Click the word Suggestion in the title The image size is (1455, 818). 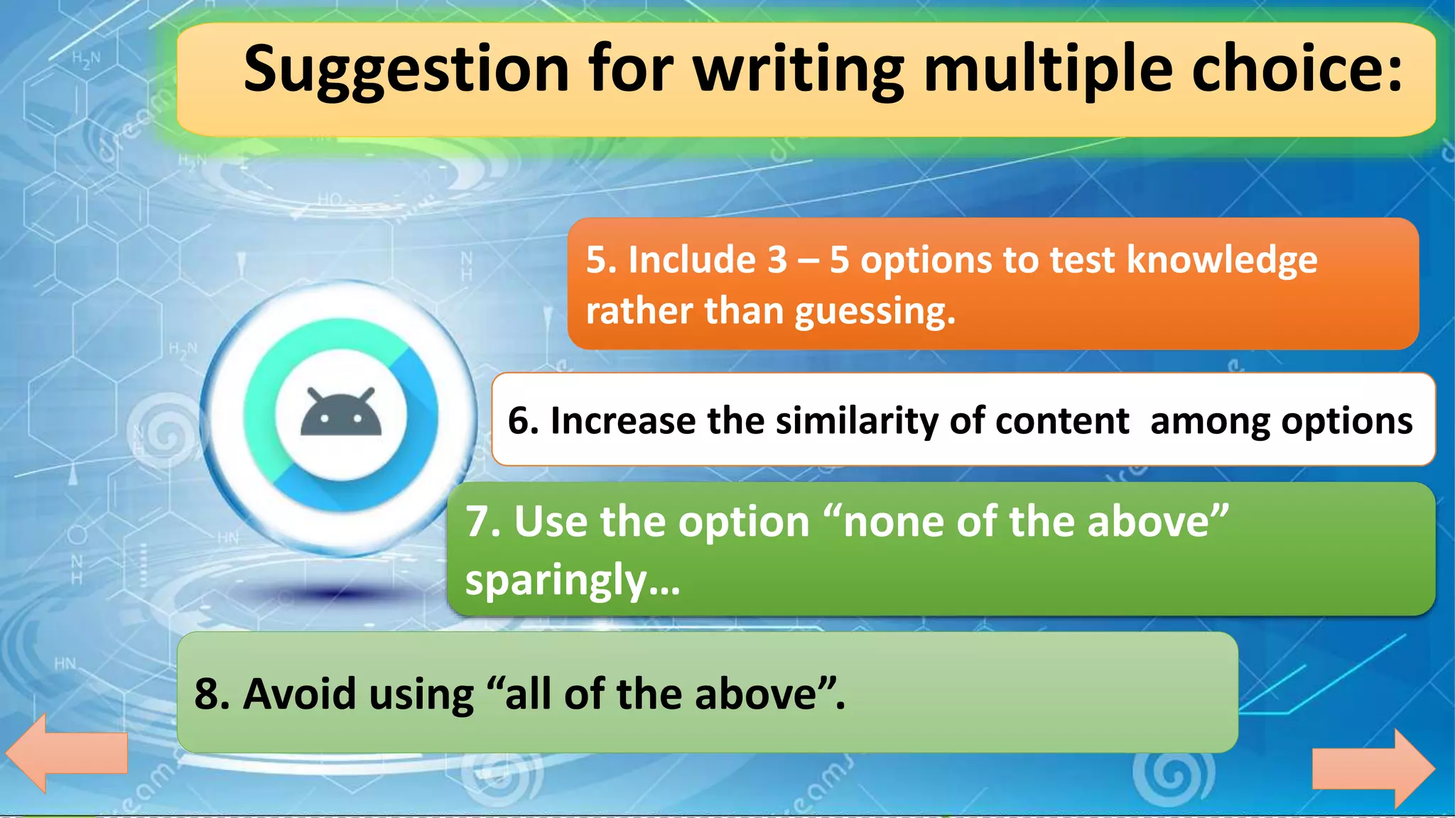[406, 70]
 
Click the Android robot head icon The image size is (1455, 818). [341, 415]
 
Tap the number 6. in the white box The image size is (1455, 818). [524, 420]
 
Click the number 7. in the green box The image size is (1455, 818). [484, 522]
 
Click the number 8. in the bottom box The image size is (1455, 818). [212, 694]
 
